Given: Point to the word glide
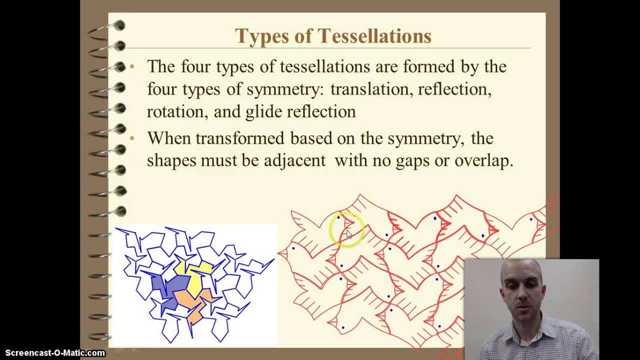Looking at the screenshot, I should pyautogui.click(x=263, y=111).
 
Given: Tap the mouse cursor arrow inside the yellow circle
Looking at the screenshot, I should pyautogui.click(x=348, y=233).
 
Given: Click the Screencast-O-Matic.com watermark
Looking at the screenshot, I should pyautogui.click(x=55, y=353).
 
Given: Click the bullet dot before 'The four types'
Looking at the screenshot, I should pyautogui.click(x=132, y=66).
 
